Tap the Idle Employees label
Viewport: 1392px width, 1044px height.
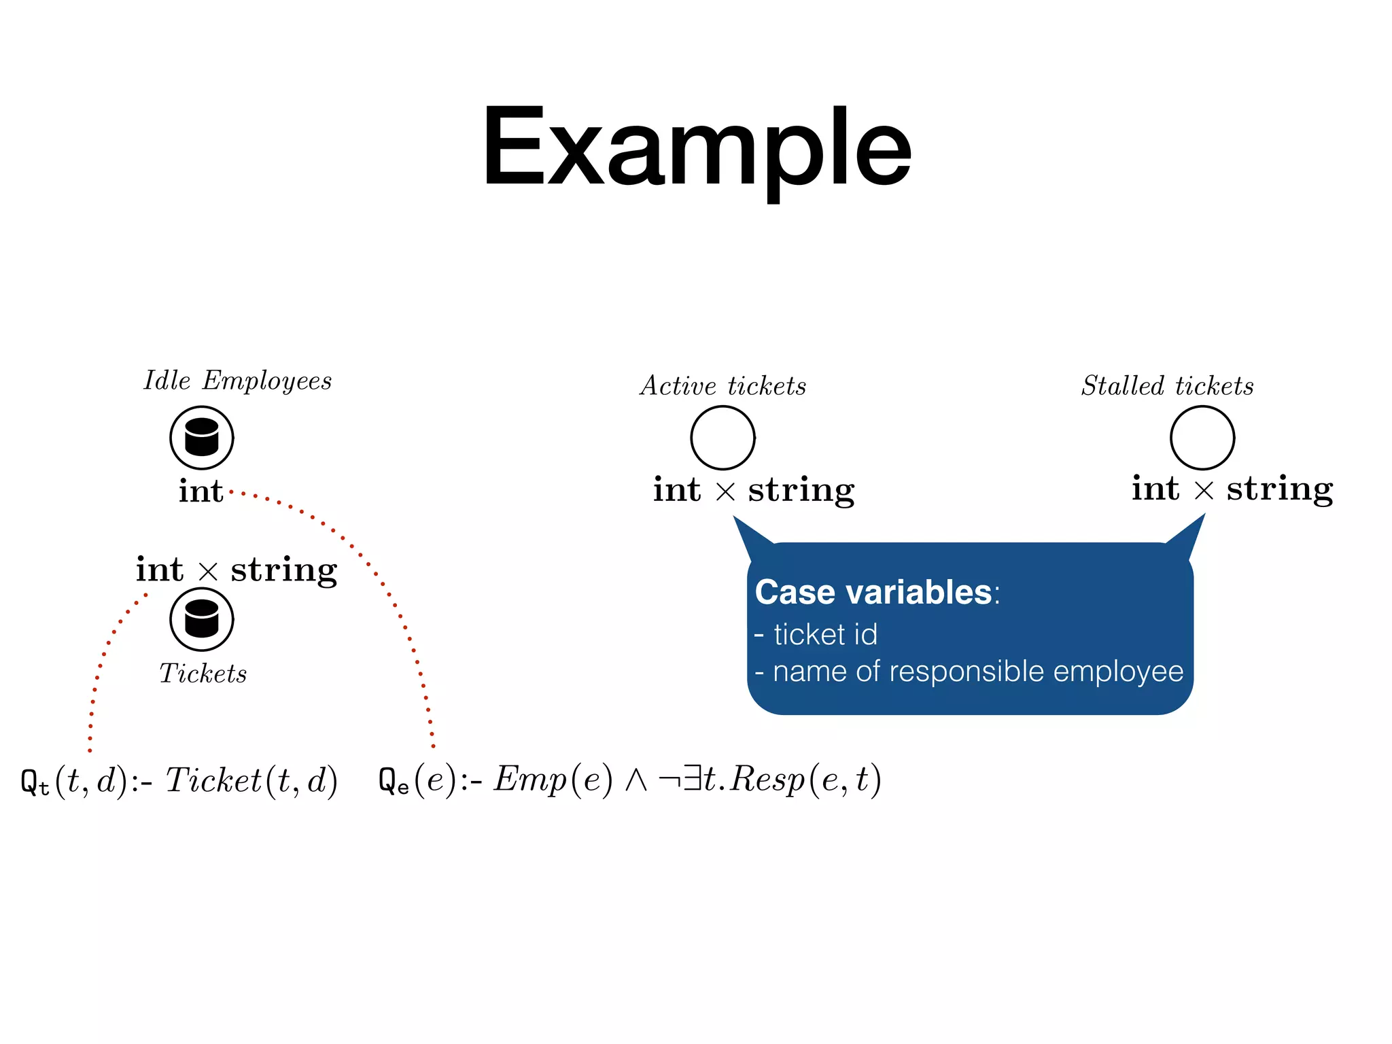(x=237, y=381)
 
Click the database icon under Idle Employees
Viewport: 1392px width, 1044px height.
(x=202, y=438)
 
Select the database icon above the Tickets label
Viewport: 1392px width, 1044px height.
(x=202, y=619)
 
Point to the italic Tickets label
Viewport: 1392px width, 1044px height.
(x=203, y=674)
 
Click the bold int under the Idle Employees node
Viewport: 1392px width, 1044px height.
(x=201, y=491)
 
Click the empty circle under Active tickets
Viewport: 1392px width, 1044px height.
(x=723, y=438)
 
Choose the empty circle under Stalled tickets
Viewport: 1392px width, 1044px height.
(x=1202, y=438)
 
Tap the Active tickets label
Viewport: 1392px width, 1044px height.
(x=723, y=386)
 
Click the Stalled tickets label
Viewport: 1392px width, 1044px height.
(x=1167, y=386)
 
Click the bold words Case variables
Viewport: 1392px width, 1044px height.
(x=873, y=592)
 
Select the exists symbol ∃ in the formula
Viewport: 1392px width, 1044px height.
(x=692, y=779)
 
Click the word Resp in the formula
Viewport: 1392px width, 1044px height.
(x=768, y=780)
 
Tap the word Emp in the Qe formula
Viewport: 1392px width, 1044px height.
(x=529, y=780)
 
